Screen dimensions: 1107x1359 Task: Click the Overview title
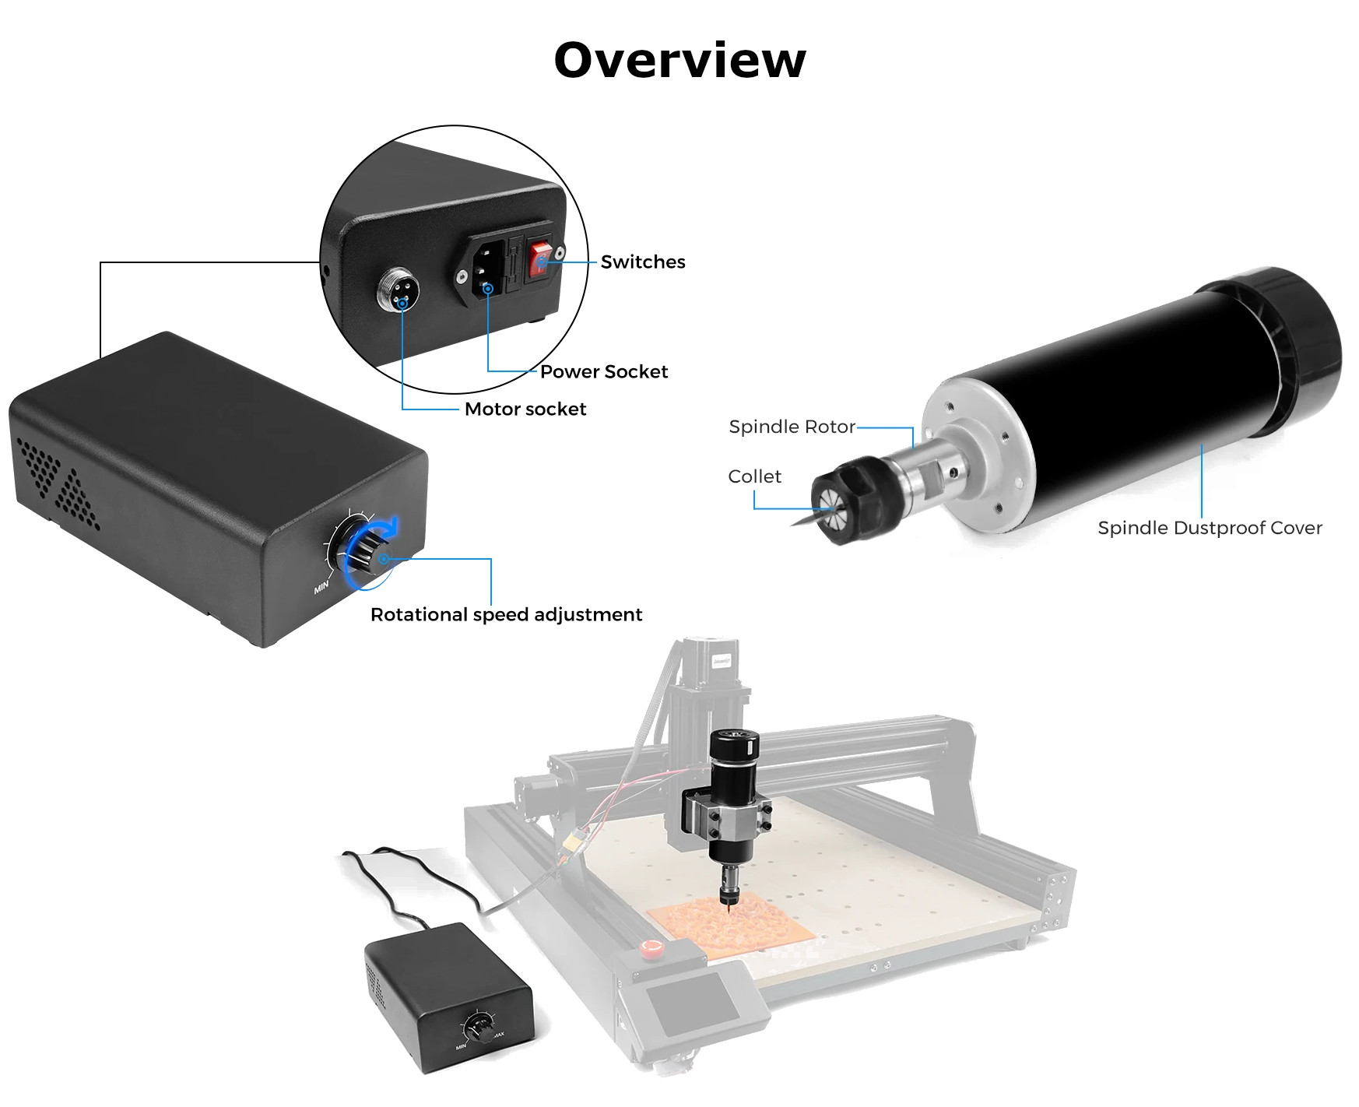click(679, 60)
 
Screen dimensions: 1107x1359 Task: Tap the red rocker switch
click(540, 260)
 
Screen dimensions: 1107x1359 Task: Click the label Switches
click(642, 262)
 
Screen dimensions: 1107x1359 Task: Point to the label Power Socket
click(604, 372)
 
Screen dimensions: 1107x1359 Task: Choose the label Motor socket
click(525, 409)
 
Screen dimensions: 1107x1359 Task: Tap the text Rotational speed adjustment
click(506, 615)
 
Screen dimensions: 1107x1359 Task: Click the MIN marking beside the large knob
click(321, 587)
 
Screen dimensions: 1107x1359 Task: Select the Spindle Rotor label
click(792, 427)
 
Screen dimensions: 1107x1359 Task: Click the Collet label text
click(754, 477)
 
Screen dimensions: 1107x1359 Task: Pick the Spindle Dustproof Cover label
click(1210, 529)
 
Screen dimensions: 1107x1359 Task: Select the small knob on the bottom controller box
click(480, 1028)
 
